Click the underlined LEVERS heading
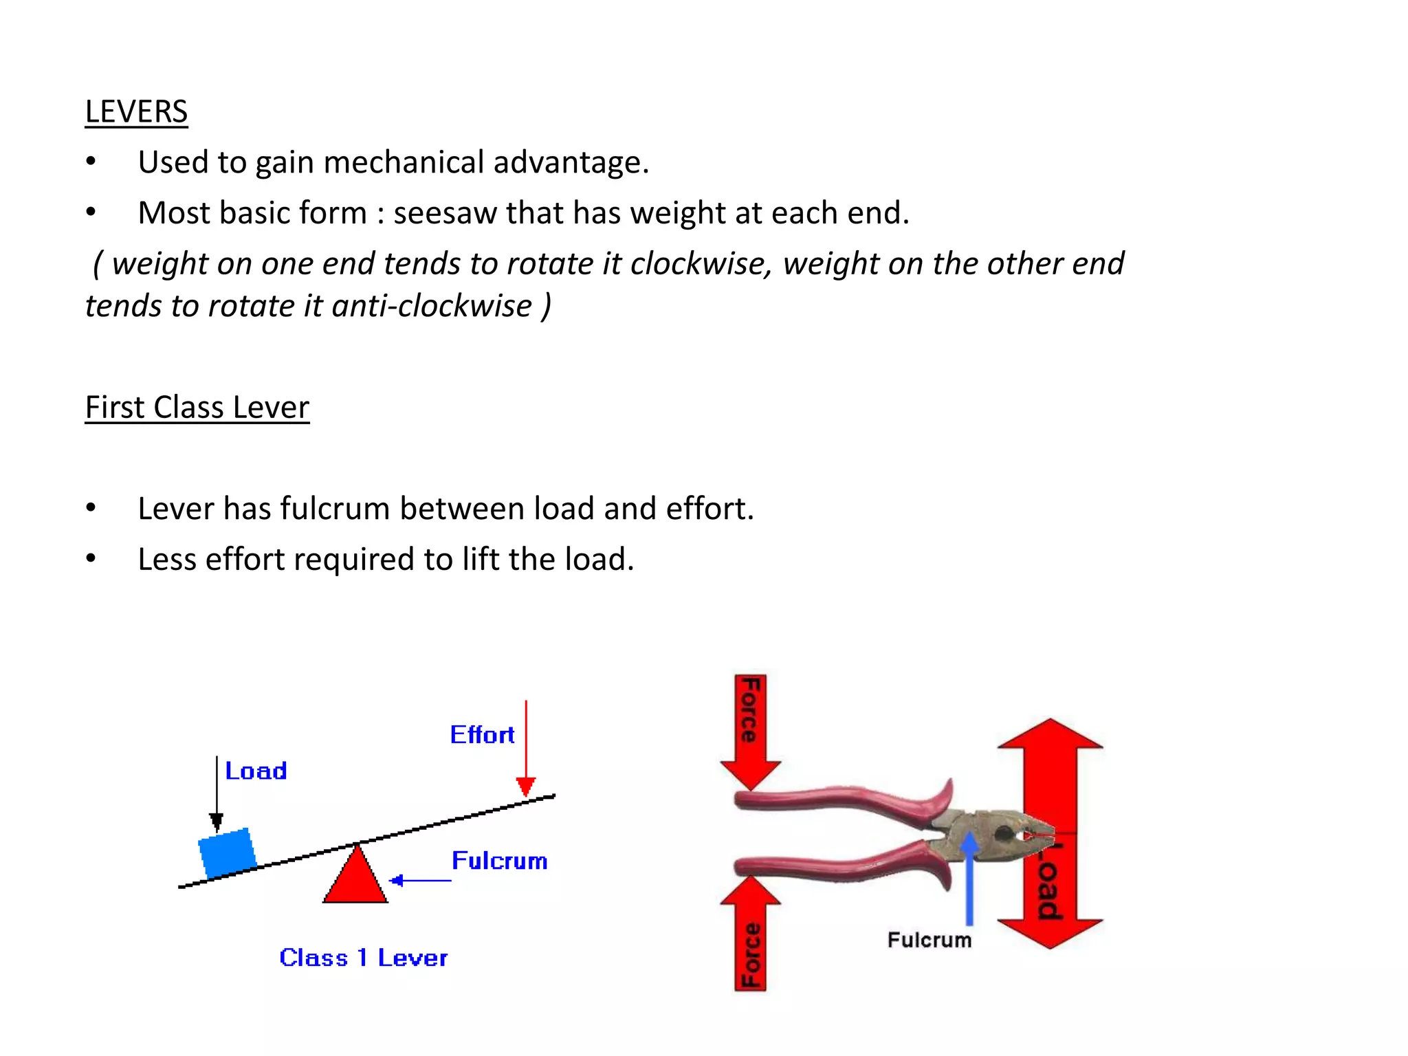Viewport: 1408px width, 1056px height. (136, 111)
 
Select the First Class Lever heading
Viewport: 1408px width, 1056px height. (197, 407)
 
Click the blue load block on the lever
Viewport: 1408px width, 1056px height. (227, 852)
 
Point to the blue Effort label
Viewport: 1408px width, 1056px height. (482, 735)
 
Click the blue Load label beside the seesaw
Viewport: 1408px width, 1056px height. (256, 771)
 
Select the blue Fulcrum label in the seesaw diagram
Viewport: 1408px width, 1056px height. (499, 861)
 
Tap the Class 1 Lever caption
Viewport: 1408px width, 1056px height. (363, 958)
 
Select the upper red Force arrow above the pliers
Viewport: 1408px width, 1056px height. (750, 732)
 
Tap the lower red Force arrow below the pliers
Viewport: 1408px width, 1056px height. (750, 935)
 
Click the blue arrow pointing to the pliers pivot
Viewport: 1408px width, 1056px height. (969, 880)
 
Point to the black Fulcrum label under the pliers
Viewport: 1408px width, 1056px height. (929, 940)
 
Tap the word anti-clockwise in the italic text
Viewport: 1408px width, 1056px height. (432, 306)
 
